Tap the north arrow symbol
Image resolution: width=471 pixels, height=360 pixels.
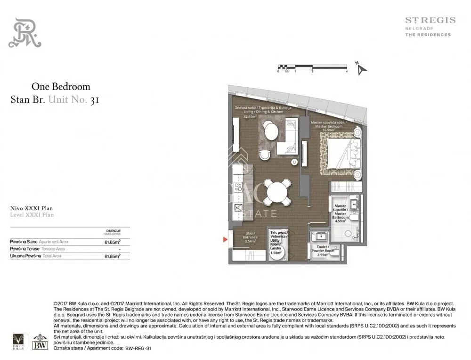coord(361,69)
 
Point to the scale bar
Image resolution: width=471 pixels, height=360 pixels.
coord(312,67)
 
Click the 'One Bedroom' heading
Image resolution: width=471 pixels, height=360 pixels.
coord(61,87)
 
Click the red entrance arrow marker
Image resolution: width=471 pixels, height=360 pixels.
coord(225,240)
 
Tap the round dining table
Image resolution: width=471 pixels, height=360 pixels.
coord(275,191)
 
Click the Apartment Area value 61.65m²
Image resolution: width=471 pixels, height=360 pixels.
coord(112,241)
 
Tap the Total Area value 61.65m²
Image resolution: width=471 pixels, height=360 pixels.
coord(112,256)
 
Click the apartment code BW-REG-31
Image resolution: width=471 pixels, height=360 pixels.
coord(139,348)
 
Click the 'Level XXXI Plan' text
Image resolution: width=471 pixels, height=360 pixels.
coord(32,215)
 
